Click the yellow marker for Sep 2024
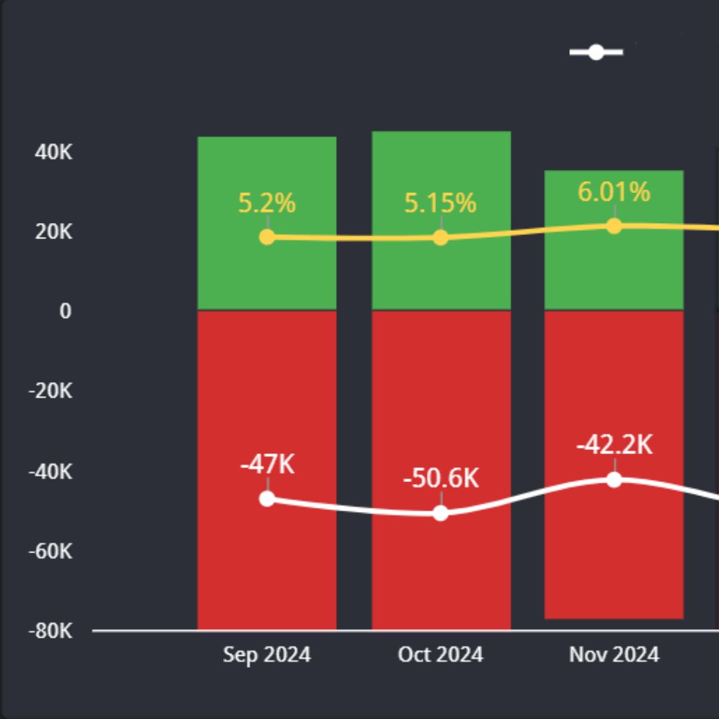pos(267,237)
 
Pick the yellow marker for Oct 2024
pos(441,238)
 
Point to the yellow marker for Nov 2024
pos(614,226)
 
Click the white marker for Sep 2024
pos(267,499)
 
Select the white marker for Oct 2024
pos(441,513)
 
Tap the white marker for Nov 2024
pos(614,479)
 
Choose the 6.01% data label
pos(614,192)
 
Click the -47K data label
pos(267,465)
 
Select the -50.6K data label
pos(441,479)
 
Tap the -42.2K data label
pos(614,445)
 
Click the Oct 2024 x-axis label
pos(441,654)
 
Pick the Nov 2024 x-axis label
pos(614,654)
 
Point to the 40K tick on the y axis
pos(53,152)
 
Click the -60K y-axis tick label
pos(50,551)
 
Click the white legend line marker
pos(596,52)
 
